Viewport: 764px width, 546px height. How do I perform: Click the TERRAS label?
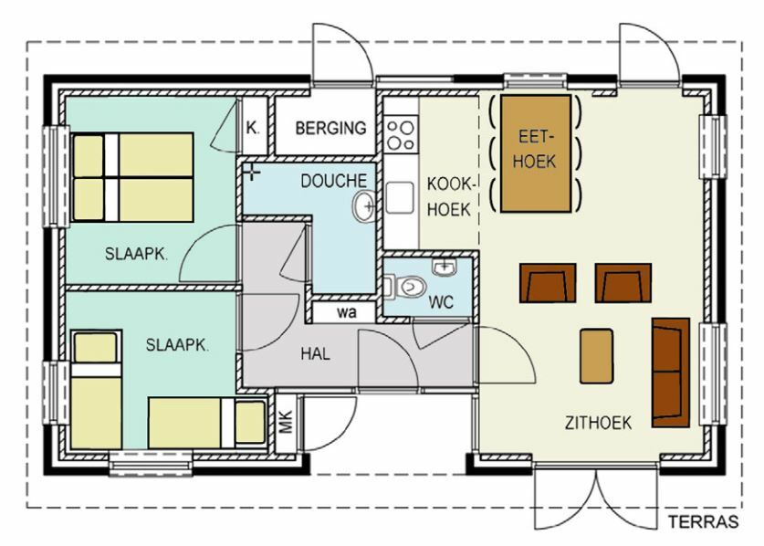click(x=703, y=521)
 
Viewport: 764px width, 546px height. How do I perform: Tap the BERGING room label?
click(x=330, y=128)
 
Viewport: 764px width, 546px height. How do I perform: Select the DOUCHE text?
click(x=334, y=181)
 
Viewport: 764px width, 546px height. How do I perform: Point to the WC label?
click(x=441, y=302)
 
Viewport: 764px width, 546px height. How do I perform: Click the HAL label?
click(x=315, y=353)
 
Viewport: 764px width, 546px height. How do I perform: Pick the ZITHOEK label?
click(x=599, y=423)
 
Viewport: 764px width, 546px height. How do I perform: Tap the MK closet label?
click(x=286, y=422)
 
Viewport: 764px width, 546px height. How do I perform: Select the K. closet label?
click(x=253, y=128)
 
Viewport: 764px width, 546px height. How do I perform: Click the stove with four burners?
click(x=401, y=133)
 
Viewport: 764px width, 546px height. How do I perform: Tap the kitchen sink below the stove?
click(x=400, y=198)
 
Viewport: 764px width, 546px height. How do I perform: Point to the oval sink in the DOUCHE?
click(x=363, y=206)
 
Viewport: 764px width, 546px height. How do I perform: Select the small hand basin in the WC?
click(x=444, y=268)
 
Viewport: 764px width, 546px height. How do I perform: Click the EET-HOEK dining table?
click(x=536, y=153)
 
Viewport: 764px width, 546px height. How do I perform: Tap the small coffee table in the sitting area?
click(x=596, y=356)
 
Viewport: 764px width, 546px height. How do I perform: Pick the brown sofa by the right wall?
click(x=671, y=373)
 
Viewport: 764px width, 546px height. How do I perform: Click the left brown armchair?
click(x=548, y=283)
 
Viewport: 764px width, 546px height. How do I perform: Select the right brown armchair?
click(x=623, y=283)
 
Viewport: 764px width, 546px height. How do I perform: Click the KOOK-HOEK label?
click(x=450, y=197)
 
